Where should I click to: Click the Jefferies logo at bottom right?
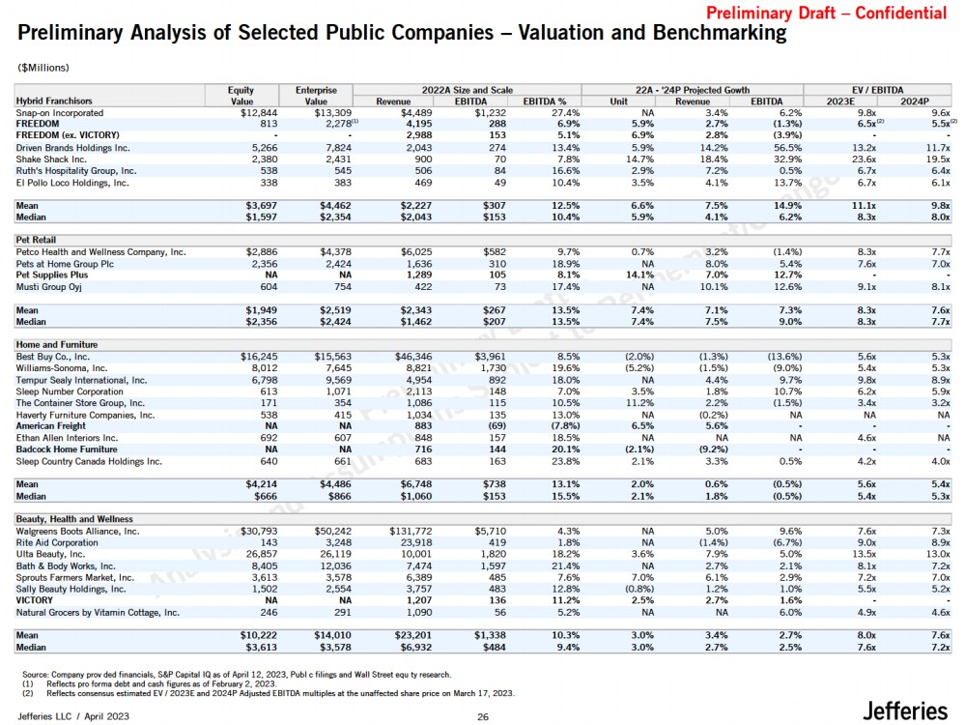904,711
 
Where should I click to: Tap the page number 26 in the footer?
483,716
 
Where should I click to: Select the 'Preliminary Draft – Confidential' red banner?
827,14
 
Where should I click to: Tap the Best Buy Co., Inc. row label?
54,357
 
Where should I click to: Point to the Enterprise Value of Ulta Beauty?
337,554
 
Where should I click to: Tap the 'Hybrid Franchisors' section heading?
54,101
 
